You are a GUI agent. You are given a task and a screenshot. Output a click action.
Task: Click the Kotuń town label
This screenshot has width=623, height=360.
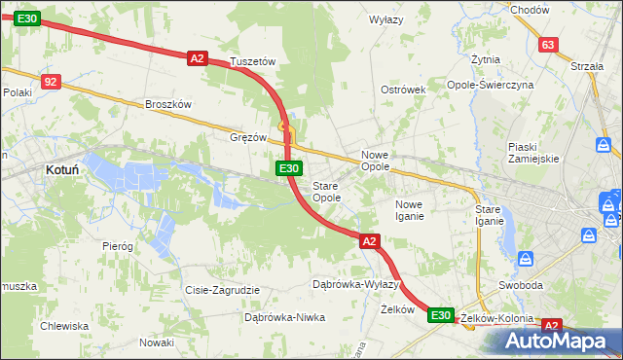tap(62, 169)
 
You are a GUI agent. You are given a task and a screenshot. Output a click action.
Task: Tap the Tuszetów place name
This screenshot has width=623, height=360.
tap(253, 61)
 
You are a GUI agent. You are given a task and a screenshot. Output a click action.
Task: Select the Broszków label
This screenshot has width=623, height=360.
tap(168, 104)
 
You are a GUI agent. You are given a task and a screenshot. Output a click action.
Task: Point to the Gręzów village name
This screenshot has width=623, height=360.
tap(248, 138)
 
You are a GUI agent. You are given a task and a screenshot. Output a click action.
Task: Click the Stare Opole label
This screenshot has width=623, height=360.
tap(326, 192)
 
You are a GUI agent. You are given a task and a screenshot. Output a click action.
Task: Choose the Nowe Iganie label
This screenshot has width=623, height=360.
tap(409, 210)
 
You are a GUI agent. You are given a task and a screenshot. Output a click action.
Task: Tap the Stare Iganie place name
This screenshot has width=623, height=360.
tap(489, 215)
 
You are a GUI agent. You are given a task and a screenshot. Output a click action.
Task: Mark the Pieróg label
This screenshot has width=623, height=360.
tap(118, 246)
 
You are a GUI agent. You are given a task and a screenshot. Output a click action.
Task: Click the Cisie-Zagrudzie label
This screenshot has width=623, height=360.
tap(222, 290)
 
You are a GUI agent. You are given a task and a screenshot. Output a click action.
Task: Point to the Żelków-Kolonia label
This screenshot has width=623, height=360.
tap(497, 318)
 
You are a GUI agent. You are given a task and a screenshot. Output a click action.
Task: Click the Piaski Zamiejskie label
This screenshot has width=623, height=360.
tap(532, 153)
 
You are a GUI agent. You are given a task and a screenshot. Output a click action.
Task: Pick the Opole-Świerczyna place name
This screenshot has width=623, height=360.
tap(518, 85)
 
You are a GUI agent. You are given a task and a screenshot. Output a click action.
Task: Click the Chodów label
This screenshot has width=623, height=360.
tap(530, 10)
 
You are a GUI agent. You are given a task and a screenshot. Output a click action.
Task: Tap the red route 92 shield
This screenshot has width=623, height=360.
tap(52, 83)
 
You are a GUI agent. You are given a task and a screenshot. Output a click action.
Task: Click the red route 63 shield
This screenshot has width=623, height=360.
tap(549, 45)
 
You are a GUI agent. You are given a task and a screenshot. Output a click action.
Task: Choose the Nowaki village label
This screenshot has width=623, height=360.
tap(156, 342)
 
